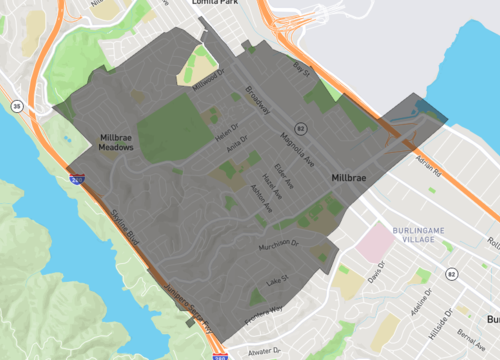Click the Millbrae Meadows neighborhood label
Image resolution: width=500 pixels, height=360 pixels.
click(116, 141)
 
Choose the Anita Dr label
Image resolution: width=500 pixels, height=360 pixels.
click(236, 148)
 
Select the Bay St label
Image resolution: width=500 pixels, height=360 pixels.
click(301, 69)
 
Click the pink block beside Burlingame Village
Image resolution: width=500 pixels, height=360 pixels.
click(376, 241)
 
